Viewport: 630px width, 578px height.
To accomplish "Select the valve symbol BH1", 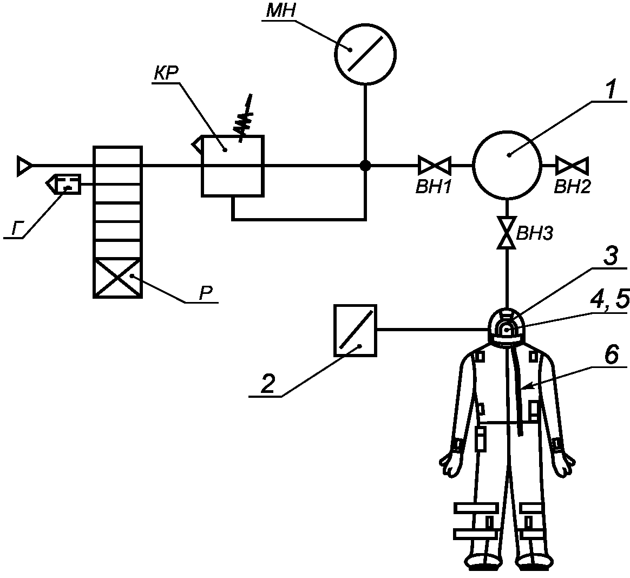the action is pos(434,165).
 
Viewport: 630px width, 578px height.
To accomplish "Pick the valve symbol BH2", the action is pos(572,165).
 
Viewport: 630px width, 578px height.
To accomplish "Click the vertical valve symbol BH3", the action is pos(507,233).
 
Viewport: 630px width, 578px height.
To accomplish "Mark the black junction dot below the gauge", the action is pos(365,165).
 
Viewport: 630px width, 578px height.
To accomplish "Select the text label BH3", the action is pos(534,233).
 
